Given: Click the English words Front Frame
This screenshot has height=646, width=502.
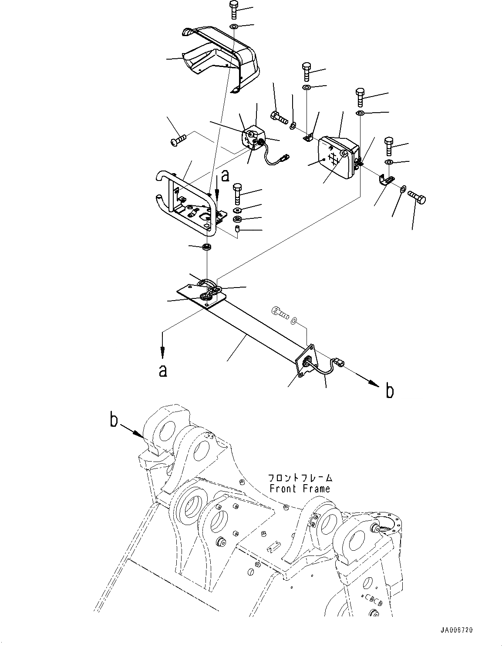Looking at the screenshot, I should coord(300,489).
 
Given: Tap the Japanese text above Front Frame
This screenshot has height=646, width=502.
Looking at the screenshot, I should coord(300,478).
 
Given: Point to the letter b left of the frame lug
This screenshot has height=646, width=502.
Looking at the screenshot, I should coord(114,421).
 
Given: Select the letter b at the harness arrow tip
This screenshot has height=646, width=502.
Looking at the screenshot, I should coord(390,391).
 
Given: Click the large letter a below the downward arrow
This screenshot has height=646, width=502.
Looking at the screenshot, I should coord(162,371).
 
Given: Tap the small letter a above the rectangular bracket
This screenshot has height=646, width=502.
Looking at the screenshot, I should coord(225,176).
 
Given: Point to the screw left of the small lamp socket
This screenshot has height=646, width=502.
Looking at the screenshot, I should coord(179,140).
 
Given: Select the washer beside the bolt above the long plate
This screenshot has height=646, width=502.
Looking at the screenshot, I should coord(296,321).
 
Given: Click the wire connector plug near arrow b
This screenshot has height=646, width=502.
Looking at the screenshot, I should coord(338,361).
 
